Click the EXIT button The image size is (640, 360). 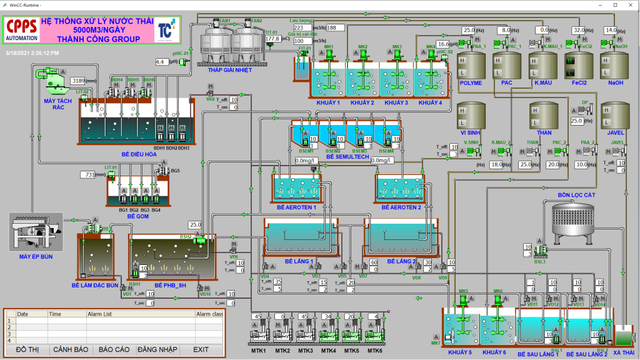coord(201,349)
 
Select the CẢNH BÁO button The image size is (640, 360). coord(69,349)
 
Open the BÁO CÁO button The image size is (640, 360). coord(114,349)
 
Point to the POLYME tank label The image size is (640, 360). coord(471,82)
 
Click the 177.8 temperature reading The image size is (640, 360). coord(272,39)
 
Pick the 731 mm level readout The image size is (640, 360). coord(89,174)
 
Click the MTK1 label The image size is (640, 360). coord(259,351)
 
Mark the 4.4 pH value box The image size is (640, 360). coord(160,62)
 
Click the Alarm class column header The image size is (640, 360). coord(209,314)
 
